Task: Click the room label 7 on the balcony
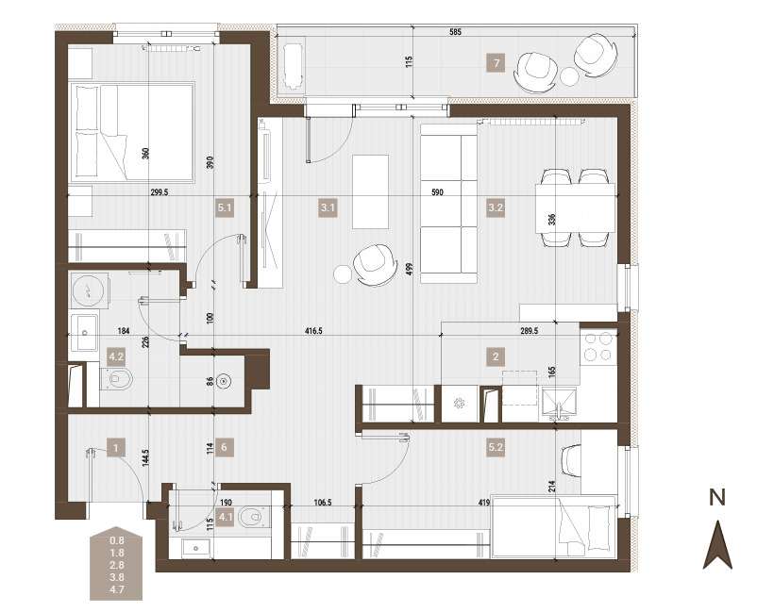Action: [x=496, y=63]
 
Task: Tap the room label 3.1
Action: [x=328, y=207]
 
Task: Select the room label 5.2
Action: [x=496, y=447]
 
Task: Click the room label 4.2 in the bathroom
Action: [x=116, y=356]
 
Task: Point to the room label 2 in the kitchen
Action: [x=496, y=356]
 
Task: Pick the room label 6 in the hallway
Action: [x=224, y=447]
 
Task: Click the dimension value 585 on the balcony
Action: [x=455, y=32]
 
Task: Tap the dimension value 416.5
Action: [x=313, y=331]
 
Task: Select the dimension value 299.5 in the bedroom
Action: [x=160, y=192]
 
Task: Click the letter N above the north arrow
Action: [x=717, y=498]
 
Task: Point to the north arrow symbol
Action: [x=717, y=545]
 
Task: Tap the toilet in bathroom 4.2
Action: [x=117, y=379]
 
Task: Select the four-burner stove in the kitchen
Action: [x=597, y=347]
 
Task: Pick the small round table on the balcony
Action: [x=569, y=76]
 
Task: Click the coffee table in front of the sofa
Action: [x=370, y=191]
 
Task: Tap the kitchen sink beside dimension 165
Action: [x=559, y=405]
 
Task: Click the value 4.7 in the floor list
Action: [x=117, y=589]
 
